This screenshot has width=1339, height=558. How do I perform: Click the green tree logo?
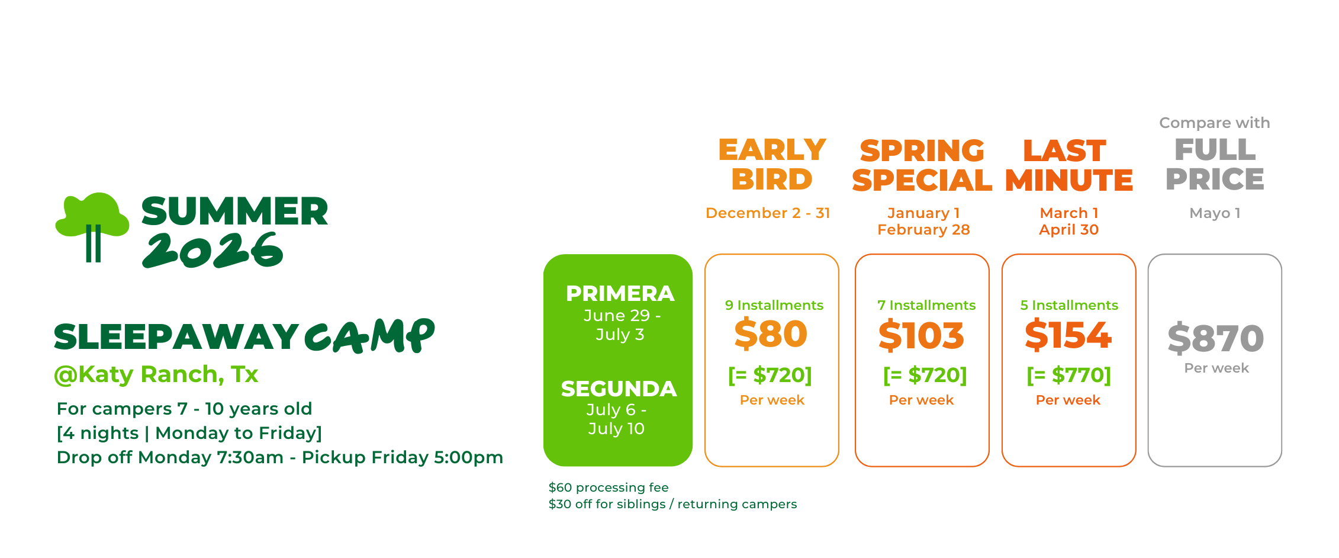click(x=92, y=225)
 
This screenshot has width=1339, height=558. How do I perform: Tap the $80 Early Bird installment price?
click(x=771, y=334)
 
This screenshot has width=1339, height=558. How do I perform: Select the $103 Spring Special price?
click(x=921, y=335)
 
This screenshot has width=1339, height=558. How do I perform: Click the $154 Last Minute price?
click(x=1068, y=335)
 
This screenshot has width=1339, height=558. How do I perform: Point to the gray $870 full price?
click(x=1216, y=339)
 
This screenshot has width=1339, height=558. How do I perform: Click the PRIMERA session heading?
click(x=620, y=294)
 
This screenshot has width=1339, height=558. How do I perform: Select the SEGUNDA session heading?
click(x=619, y=389)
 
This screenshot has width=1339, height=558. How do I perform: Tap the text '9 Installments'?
click(x=774, y=305)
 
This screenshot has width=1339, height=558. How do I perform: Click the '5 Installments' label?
click(x=1069, y=305)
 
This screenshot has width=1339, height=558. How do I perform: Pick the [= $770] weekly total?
click(x=1069, y=375)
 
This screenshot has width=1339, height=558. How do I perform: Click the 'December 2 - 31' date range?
click(x=768, y=213)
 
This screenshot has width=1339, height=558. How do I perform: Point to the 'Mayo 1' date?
click(x=1215, y=213)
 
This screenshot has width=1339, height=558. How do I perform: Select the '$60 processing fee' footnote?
click(x=609, y=488)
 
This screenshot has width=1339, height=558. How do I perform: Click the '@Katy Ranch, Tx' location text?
click(x=156, y=375)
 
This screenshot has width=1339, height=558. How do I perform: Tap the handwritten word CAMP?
click(x=370, y=336)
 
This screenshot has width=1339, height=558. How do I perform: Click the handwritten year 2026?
click(x=213, y=250)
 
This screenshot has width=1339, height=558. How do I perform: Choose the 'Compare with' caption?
click(x=1215, y=123)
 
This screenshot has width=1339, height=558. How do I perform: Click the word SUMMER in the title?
click(x=235, y=211)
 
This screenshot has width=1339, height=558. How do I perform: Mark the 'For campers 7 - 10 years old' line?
click(x=184, y=409)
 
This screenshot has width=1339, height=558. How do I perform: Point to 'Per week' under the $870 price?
click(x=1216, y=368)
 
